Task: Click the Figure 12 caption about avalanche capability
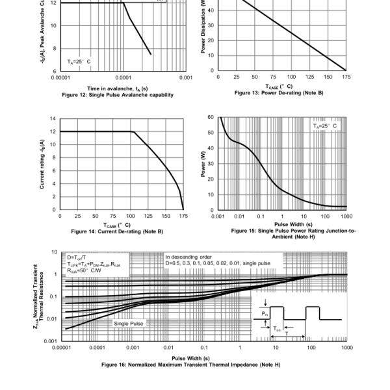(x=118, y=94)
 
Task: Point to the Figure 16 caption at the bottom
(x=190, y=364)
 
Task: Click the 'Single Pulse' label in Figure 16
(x=129, y=322)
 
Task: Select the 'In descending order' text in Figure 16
(x=188, y=257)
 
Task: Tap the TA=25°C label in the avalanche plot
(x=79, y=61)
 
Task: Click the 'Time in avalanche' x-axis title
(x=118, y=88)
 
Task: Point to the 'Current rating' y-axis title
(x=42, y=164)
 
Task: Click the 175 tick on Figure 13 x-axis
(x=346, y=77)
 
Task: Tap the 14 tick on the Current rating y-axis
(x=53, y=118)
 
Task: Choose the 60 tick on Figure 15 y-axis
(x=211, y=117)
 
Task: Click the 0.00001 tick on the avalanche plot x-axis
(x=59, y=77)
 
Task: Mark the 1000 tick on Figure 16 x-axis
(x=346, y=347)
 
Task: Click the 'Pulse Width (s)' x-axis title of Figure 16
(x=190, y=358)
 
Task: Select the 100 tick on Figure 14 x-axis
(x=131, y=215)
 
